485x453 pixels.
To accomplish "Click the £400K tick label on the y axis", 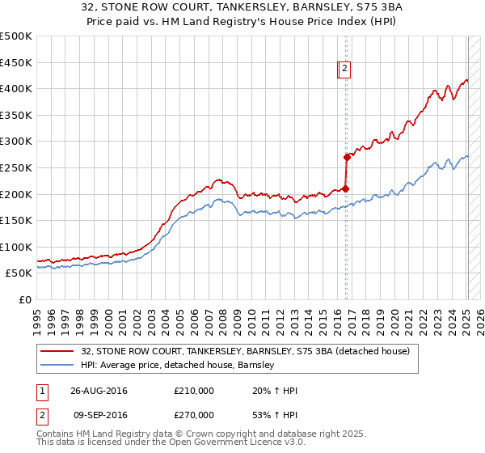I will coord(16,88).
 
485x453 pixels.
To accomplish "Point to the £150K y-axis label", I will coord(16,220).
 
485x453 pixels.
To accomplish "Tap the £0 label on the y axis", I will coord(25,299).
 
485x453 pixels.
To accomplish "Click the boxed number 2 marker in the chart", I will coord(344,70).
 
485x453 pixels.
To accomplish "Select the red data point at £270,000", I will coord(347,157).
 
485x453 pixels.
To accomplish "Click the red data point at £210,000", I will coord(346,188).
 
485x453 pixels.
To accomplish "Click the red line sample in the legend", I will coord(58,351).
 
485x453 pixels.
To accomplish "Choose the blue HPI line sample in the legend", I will coord(58,365).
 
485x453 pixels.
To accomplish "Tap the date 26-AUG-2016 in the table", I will coord(99,391).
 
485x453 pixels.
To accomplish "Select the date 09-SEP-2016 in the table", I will coord(99,414).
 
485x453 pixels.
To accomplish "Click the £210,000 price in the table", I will coord(194,391).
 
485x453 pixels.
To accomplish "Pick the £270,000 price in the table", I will coord(194,414).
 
